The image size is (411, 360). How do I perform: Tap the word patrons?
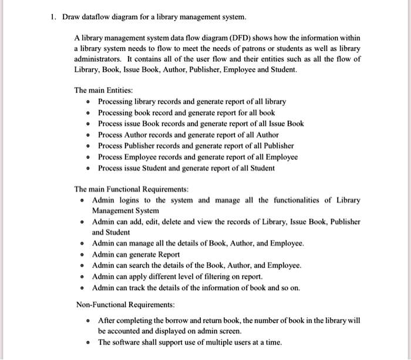(258, 48)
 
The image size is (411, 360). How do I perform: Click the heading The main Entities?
(103, 90)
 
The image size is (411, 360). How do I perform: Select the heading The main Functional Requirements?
(132, 189)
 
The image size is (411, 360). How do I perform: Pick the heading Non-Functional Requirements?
(126, 305)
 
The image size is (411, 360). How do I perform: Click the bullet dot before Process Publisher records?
(87, 146)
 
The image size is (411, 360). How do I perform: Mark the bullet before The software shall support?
(87, 342)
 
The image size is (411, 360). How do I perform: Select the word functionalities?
(292, 200)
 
